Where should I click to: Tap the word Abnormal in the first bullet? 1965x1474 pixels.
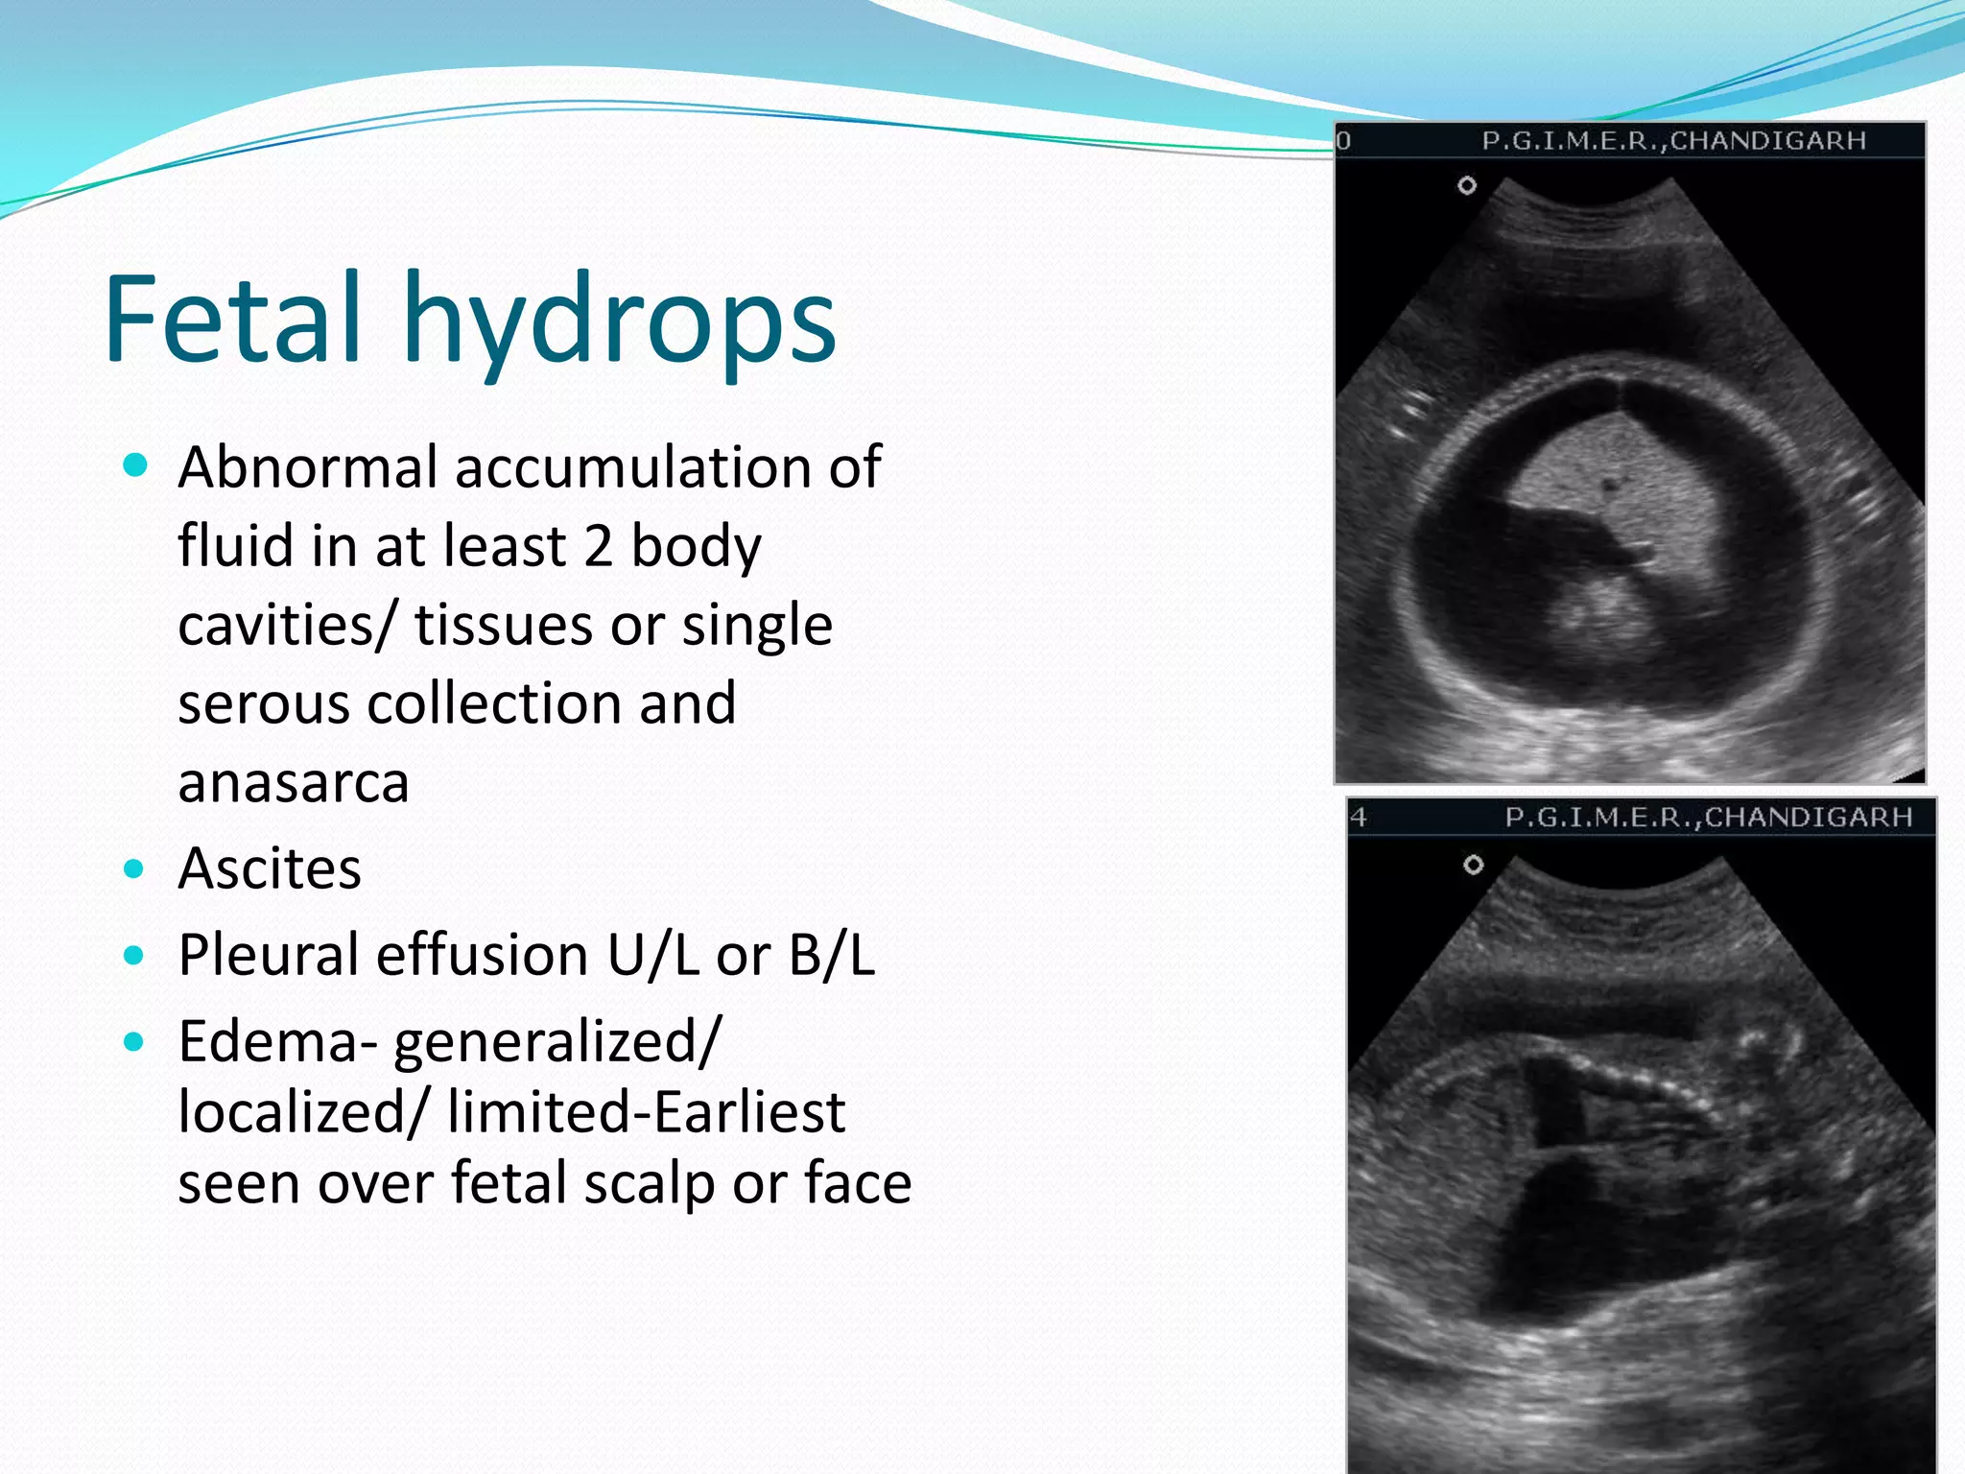coord(308,467)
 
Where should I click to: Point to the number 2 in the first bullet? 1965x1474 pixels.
coord(597,546)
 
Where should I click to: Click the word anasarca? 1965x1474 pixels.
coord(294,782)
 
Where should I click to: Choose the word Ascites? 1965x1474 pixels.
coord(270,869)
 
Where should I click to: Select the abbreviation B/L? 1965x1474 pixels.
coord(832,956)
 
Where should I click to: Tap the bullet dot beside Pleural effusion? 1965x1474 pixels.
coord(134,956)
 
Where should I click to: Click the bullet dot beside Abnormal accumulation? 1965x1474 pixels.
coord(135,466)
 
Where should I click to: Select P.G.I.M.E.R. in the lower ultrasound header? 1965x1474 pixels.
coord(1598,818)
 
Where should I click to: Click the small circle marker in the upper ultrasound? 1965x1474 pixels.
coord(1467,185)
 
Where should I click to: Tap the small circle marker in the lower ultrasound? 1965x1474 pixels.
coord(1473,865)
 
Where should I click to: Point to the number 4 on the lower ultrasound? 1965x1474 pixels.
coord(1359,818)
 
